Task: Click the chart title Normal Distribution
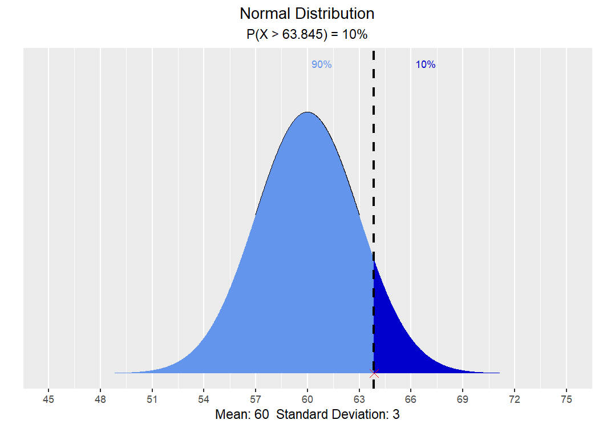tap(307, 14)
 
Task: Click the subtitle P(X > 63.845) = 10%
tap(307, 34)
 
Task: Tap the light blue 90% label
tap(321, 64)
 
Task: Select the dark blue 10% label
tap(426, 64)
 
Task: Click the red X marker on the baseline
tap(374, 374)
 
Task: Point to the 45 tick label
tap(48, 399)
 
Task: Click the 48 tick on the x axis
tap(100, 399)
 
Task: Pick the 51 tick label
tap(152, 399)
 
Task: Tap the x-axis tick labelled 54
tap(204, 399)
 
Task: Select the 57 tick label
tap(256, 399)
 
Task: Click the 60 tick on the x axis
tap(307, 399)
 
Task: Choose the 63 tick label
tap(359, 399)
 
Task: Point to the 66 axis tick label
tap(411, 399)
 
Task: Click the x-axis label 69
tap(463, 399)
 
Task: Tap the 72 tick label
tap(515, 399)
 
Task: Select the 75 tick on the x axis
tap(566, 399)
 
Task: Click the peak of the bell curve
tap(307, 112)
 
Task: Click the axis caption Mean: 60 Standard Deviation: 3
tap(307, 415)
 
